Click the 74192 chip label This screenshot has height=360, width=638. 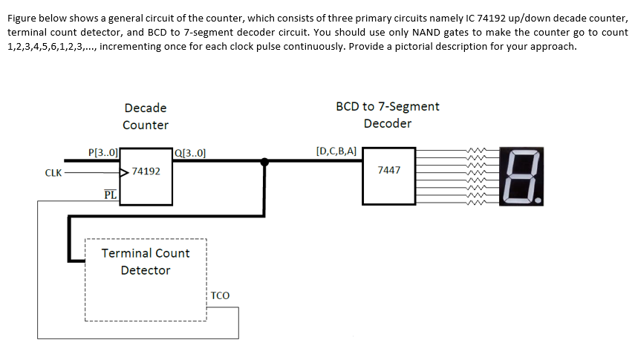pos(146,171)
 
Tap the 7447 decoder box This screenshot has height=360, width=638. pos(388,176)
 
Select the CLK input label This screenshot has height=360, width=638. pos(53,173)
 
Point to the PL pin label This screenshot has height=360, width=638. pos(109,195)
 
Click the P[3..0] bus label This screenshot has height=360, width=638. pos(102,153)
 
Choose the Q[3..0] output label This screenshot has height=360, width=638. pos(190,154)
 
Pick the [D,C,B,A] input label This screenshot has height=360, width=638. pos(336,151)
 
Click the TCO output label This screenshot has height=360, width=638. pos(221,295)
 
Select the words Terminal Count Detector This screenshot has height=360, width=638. pos(146,261)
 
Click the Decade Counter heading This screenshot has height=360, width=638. pos(146,117)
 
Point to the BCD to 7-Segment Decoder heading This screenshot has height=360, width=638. pos(387,114)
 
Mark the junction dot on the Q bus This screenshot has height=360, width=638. pos(265,160)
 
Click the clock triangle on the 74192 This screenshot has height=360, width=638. pos(126,172)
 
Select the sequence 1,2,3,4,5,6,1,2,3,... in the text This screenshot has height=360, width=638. pos(51,46)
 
